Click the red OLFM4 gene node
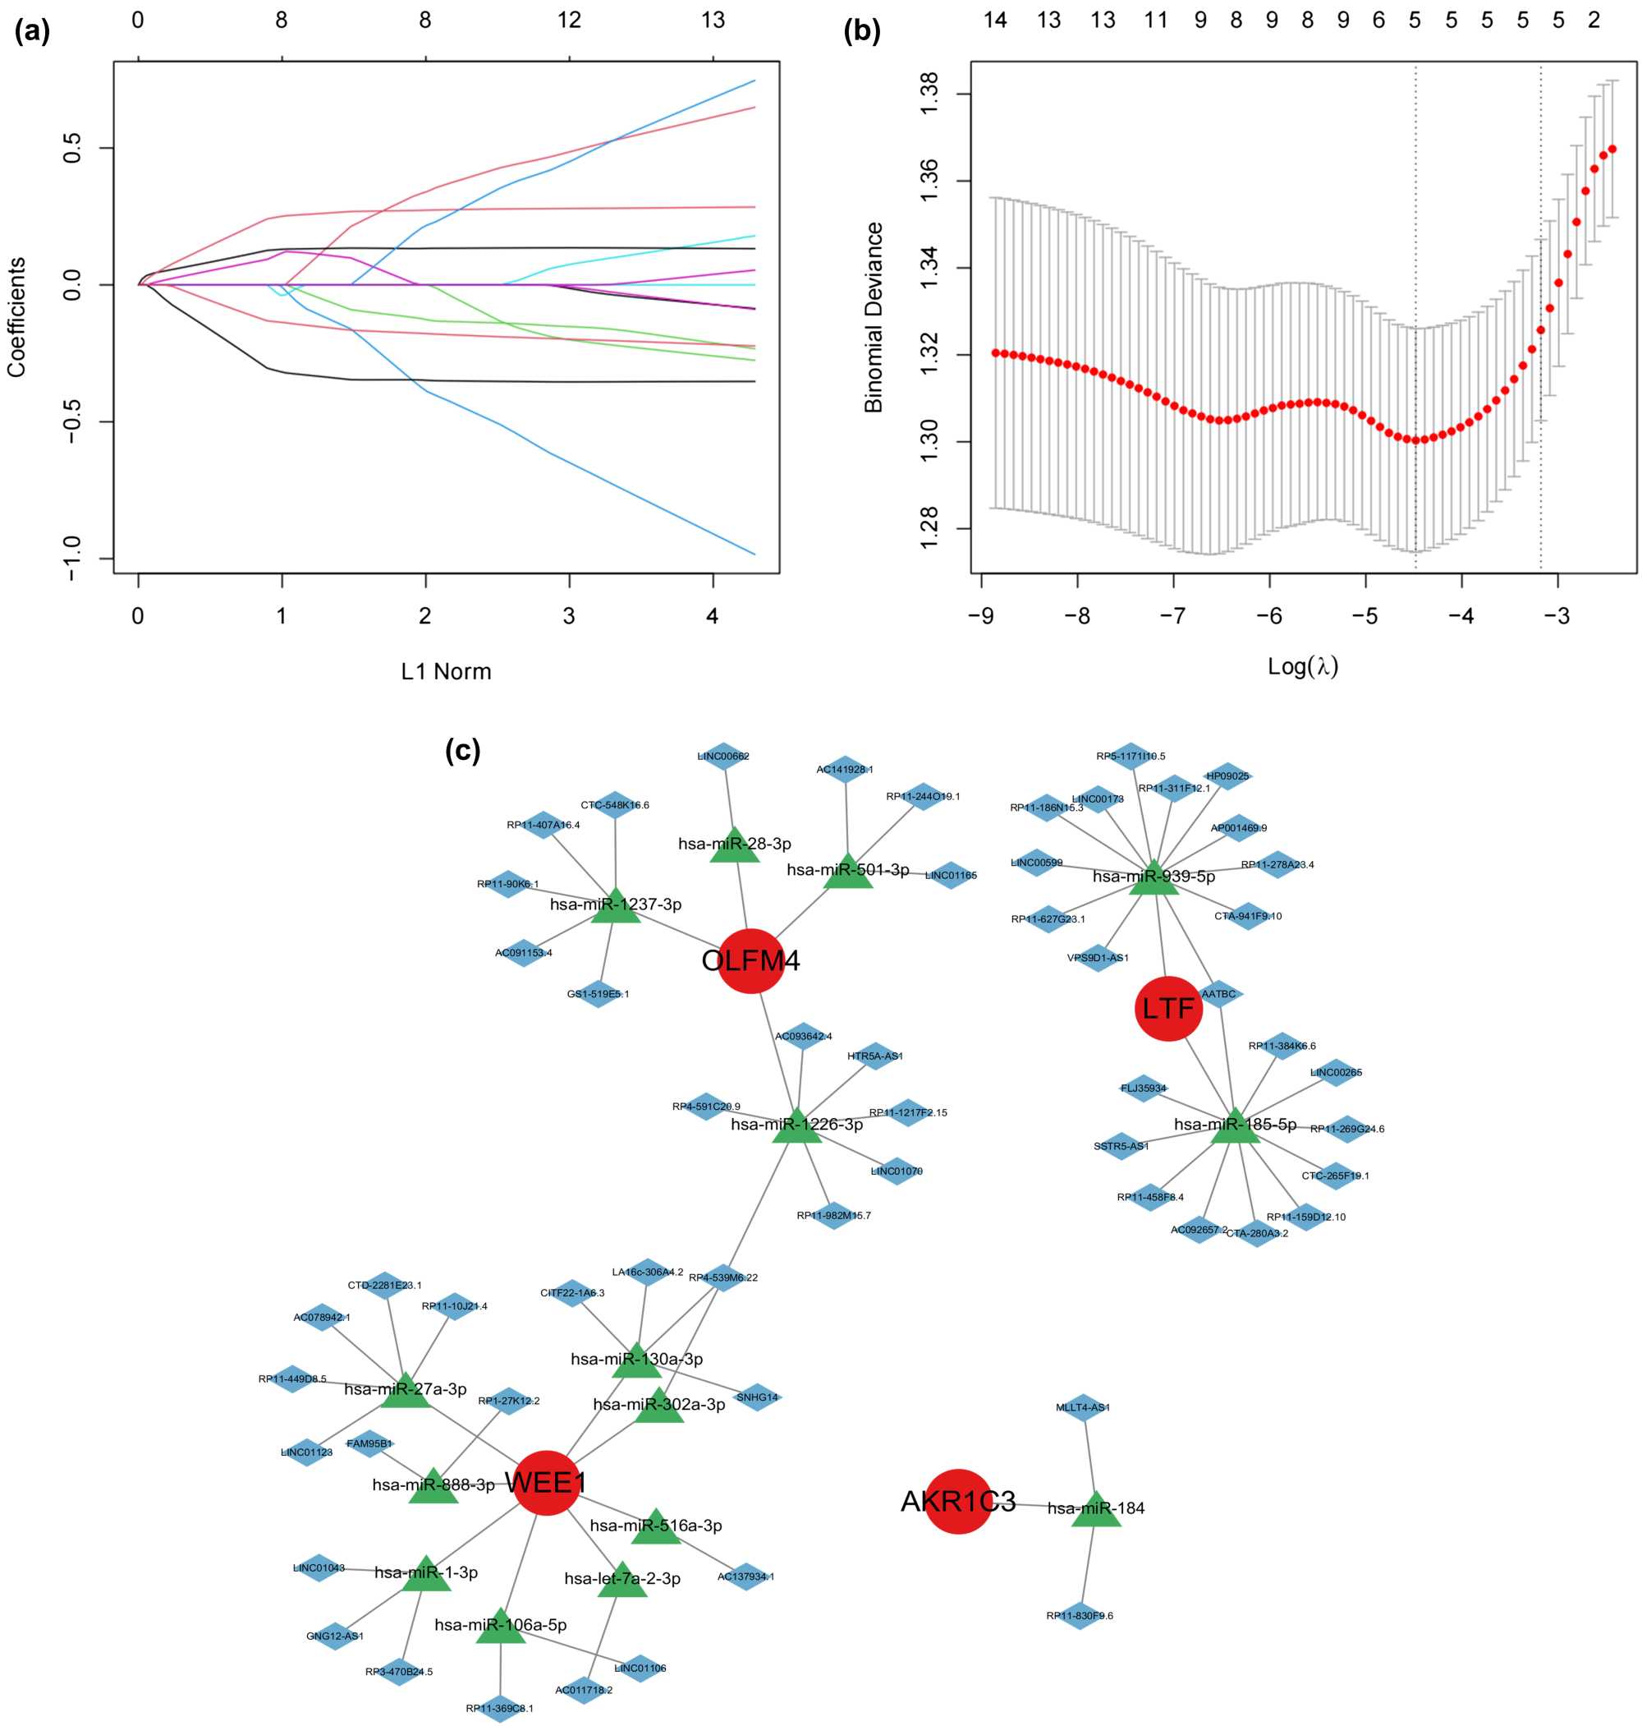click(750, 960)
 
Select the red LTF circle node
click(1168, 1009)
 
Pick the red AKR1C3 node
click(958, 1501)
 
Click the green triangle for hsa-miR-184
click(1096, 1510)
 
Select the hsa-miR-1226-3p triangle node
click(796, 1126)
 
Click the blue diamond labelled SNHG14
click(756, 1397)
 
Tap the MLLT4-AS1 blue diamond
click(1084, 1408)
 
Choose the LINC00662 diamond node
click(723, 757)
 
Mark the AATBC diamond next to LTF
click(1218, 994)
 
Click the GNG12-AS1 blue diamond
click(335, 1636)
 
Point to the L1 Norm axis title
click(447, 672)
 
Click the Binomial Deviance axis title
click(874, 317)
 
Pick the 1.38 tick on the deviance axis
click(929, 91)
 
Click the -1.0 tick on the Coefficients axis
click(71, 558)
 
